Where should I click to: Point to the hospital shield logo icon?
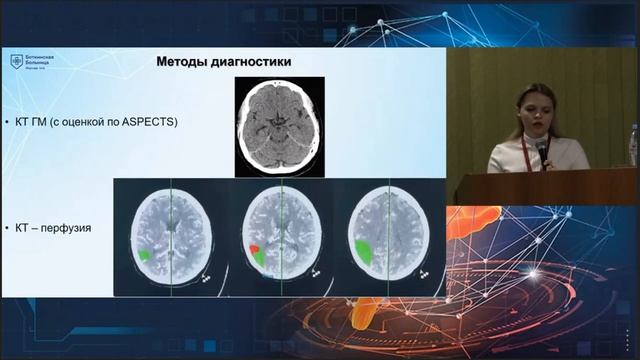16,62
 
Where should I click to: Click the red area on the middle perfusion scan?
253,247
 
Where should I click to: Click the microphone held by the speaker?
543,150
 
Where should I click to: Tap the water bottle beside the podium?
632,146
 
